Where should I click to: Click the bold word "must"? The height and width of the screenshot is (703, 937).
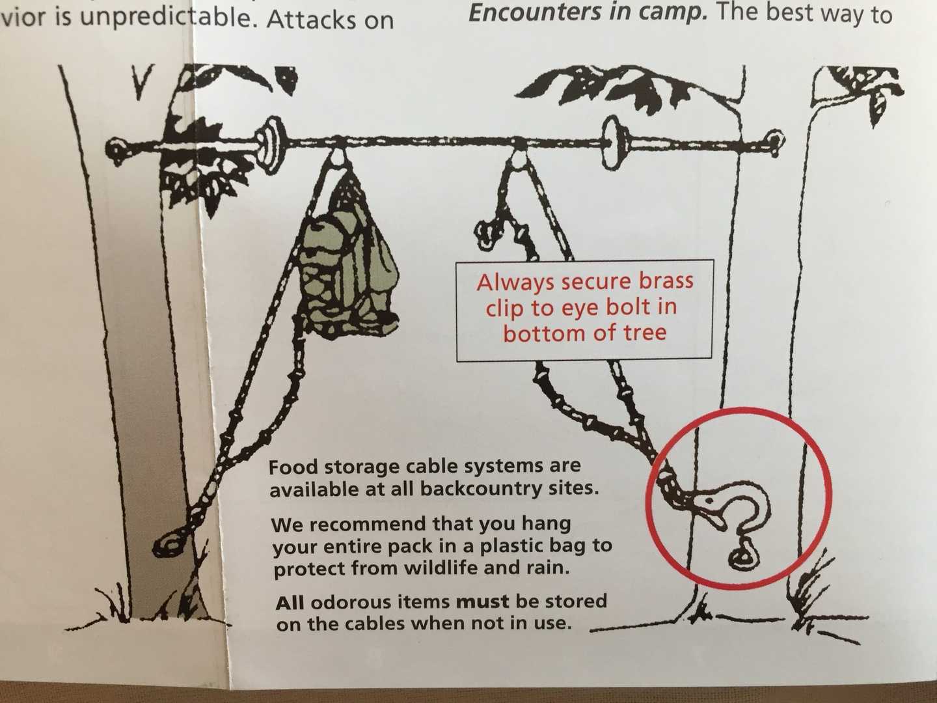tap(482, 603)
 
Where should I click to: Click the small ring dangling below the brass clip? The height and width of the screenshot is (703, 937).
tap(741, 555)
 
